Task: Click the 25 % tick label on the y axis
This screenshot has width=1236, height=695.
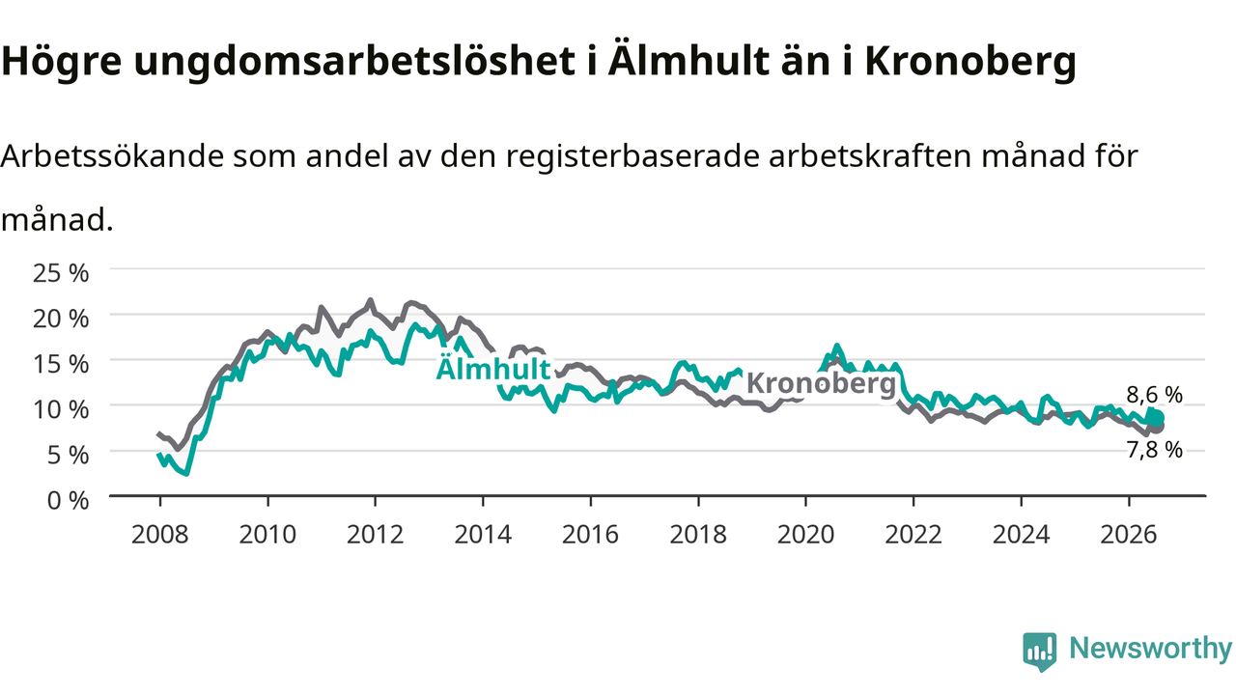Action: pyautogui.click(x=61, y=272)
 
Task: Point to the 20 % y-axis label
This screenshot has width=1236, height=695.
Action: pyautogui.click(x=61, y=319)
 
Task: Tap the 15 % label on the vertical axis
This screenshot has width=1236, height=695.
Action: pyautogui.click(x=61, y=364)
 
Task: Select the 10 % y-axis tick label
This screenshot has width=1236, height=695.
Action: pyautogui.click(x=61, y=410)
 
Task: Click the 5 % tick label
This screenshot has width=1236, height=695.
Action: pyautogui.click(x=68, y=455)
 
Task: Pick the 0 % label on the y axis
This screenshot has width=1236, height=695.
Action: pyautogui.click(x=68, y=501)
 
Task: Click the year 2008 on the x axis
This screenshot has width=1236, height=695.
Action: pyautogui.click(x=160, y=535)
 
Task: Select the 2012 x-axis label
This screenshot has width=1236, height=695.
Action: pyautogui.click(x=376, y=535)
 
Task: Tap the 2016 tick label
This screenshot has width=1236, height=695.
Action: pyautogui.click(x=590, y=535)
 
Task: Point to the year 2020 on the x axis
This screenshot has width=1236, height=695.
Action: pyautogui.click(x=805, y=535)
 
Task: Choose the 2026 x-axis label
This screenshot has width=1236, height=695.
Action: pyautogui.click(x=1129, y=535)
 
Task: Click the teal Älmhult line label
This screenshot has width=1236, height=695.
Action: pyautogui.click(x=493, y=368)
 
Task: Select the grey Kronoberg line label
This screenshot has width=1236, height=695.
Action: pyautogui.click(x=821, y=383)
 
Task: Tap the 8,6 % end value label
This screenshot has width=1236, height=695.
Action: pyautogui.click(x=1154, y=395)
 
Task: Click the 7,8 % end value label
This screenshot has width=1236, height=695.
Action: pyautogui.click(x=1154, y=450)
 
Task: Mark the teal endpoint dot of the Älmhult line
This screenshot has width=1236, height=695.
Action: pyautogui.click(x=1157, y=419)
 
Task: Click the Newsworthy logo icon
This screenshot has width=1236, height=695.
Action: pyautogui.click(x=1040, y=652)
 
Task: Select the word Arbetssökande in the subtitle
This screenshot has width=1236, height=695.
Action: pyautogui.click(x=113, y=156)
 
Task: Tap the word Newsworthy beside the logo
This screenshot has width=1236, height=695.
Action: pyautogui.click(x=1150, y=649)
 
